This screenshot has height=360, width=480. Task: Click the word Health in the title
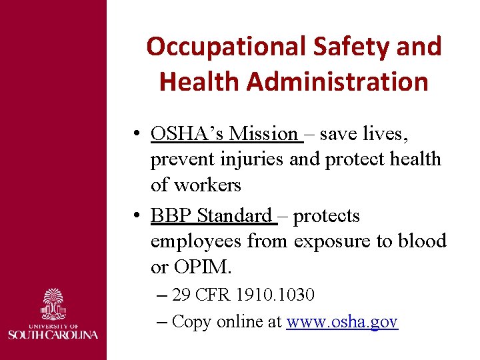(x=199, y=81)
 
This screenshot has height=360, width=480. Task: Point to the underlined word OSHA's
(x=187, y=134)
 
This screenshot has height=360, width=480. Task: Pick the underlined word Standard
(x=234, y=216)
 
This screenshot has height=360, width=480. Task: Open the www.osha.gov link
(x=342, y=322)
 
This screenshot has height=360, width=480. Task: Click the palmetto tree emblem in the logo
(x=53, y=304)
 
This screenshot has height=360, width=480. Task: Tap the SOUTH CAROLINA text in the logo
(x=53, y=333)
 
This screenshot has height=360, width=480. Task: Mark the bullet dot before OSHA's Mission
(x=135, y=135)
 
